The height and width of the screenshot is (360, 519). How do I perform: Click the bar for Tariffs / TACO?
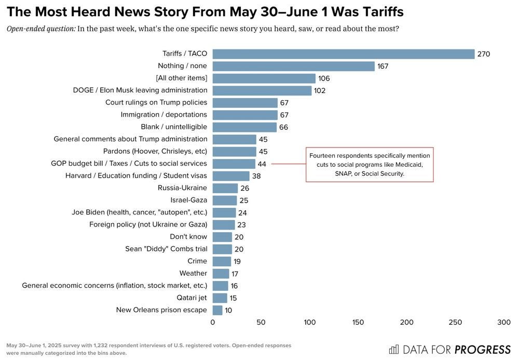[x=343, y=54]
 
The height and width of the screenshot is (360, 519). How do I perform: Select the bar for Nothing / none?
[x=293, y=66]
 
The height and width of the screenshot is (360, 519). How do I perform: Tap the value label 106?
[x=324, y=78]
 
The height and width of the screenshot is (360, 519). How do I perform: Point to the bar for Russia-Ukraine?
[x=225, y=188]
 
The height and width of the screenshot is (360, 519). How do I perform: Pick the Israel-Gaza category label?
[x=188, y=200]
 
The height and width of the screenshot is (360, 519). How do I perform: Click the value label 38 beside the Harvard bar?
[x=256, y=176]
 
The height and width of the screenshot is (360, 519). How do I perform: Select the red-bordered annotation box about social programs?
[x=369, y=165]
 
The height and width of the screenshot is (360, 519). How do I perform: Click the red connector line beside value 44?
[x=288, y=164]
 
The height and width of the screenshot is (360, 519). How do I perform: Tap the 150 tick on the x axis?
[x=358, y=323]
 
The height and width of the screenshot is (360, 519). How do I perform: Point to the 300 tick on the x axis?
[x=504, y=323]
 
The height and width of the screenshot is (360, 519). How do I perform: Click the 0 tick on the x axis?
[x=213, y=323]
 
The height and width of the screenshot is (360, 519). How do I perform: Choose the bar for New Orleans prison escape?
[x=217, y=310]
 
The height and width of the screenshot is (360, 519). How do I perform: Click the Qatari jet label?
[x=192, y=298]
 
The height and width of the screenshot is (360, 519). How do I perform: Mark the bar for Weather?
[x=221, y=273]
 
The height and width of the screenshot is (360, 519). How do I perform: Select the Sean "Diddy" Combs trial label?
[x=166, y=249]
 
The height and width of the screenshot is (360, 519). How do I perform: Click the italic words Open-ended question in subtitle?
[x=41, y=29]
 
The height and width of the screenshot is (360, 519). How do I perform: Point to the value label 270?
[x=484, y=54]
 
